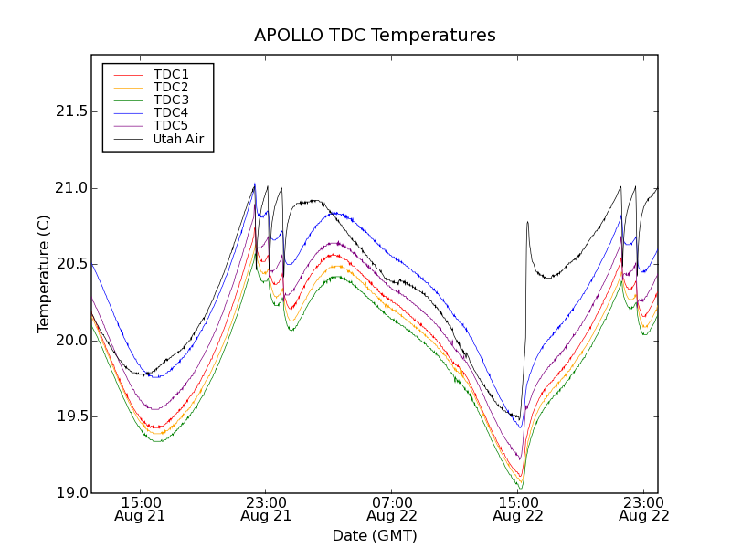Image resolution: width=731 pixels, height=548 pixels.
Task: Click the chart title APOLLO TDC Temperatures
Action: [375, 36]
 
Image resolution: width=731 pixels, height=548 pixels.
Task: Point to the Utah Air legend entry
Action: [177, 139]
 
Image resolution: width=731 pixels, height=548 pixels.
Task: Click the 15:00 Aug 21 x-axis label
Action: [141, 509]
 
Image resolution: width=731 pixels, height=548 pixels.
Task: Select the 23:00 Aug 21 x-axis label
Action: [266, 509]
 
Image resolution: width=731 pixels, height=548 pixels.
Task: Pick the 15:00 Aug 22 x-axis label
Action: [518, 509]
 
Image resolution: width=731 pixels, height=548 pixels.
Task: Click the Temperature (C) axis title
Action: [44, 274]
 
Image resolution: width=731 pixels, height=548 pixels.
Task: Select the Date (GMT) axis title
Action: [375, 535]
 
